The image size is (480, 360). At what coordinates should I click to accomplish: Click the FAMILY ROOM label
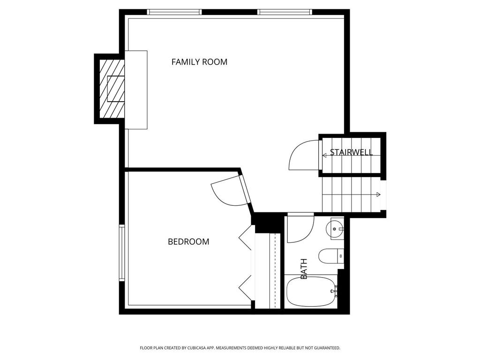tap(199, 62)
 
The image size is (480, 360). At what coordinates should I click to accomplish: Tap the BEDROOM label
tap(188, 241)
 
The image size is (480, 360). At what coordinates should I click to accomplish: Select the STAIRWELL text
tap(351, 152)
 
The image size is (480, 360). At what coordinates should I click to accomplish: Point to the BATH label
tap(304, 269)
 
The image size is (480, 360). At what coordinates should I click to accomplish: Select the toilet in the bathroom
tap(330, 255)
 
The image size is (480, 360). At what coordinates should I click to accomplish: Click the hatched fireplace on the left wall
tap(112, 89)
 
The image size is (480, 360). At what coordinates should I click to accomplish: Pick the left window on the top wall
tap(174, 12)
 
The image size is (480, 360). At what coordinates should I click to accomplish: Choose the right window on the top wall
tap(285, 12)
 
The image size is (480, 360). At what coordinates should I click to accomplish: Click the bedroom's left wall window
tap(122, 253)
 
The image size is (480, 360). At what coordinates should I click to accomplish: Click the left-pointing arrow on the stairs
tap(324, 155)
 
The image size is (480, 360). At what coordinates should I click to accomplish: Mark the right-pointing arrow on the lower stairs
tap(378, 195)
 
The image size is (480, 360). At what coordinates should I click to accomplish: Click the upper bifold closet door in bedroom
tap(246, 237)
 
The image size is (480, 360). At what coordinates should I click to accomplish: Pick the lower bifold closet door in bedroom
tap(245, 288)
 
